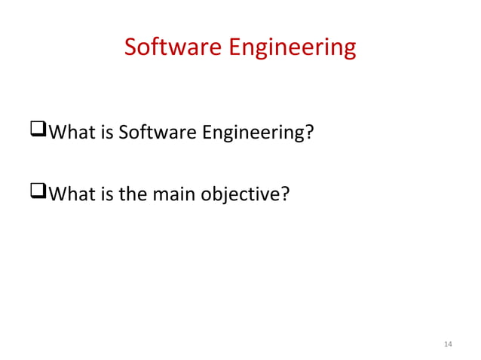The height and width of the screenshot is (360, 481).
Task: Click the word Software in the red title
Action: pos(171,47)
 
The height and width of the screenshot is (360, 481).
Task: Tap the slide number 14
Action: pos(449,344)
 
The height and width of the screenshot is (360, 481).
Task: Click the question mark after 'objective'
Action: pos(285,195)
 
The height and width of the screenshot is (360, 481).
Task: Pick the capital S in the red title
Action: pos(130,47)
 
